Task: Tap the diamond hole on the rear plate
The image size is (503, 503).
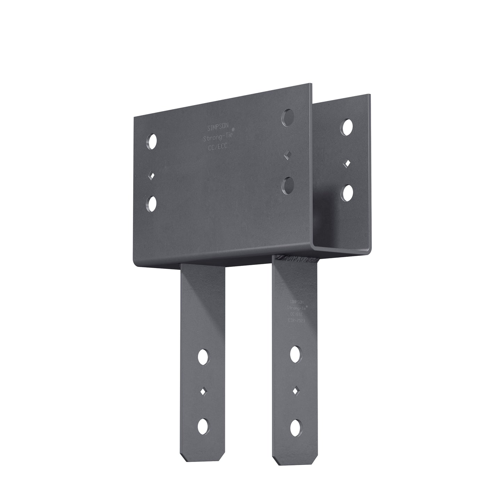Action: pyautogui.click(x=347, y=163)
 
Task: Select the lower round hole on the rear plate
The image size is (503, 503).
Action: pyautogui.click(x=347, y=193)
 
